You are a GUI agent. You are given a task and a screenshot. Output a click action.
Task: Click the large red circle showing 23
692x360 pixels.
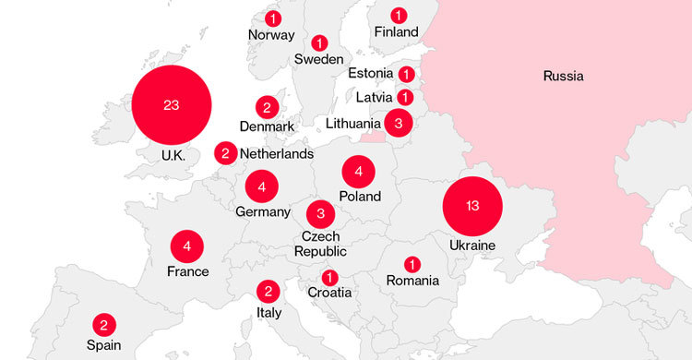tap(172, 105)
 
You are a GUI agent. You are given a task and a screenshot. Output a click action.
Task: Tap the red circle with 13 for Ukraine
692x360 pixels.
tap(472, 206)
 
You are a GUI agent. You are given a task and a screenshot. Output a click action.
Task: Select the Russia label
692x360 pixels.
tap(563, 76)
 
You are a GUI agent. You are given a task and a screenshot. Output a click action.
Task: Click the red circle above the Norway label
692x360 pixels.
tap(273, 18)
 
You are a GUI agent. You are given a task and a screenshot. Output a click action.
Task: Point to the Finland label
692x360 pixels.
tap(397, 32)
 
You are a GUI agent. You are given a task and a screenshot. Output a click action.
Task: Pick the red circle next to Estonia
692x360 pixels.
tap(407, 74)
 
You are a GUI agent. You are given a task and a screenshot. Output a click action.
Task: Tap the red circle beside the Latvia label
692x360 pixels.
tap(406, 97)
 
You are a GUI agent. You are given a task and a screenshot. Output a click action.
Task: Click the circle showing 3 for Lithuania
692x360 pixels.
tap(398, 123)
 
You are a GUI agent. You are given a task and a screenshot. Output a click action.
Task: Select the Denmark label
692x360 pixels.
tap(266, 126)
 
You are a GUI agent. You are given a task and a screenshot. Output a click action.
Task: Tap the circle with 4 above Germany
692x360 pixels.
tap(262, 187)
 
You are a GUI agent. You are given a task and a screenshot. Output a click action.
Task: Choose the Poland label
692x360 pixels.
tap(360, 197)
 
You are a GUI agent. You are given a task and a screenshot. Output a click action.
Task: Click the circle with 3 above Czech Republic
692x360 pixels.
tap(320, 214)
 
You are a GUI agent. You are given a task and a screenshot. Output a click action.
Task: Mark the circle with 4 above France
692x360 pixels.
tap(187, 246)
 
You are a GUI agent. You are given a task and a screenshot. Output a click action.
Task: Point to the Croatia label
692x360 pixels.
tap(330, 294)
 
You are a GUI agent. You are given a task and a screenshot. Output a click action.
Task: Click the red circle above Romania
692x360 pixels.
tap(412, 264)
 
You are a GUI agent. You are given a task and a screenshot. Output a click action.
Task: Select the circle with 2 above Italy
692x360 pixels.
tap(268, 292)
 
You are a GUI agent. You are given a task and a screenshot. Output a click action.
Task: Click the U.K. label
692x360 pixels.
tap(173, 156)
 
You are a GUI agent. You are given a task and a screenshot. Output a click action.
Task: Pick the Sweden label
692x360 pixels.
tap(319, 60)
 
